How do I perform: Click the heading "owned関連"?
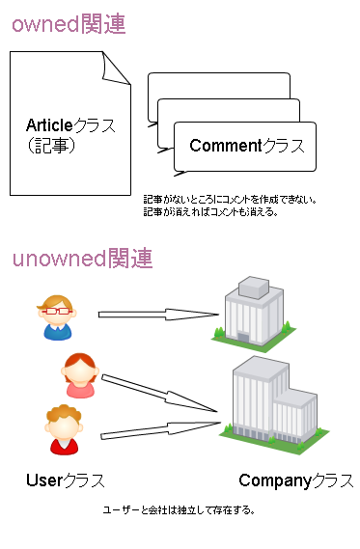tap(69, 24)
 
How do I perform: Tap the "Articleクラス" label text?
tap(70, 126)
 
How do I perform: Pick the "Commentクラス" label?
tap(247, 147)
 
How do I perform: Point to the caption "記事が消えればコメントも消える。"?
tap(210, 212)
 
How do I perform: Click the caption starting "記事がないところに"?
tap(230, 200)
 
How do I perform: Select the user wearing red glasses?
tap(57, 317)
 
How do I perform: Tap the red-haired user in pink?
tap(78, 375)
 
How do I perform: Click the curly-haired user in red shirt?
tap(63, 429)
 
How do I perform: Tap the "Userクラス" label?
tap(66, 480)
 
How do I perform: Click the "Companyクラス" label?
tap(295, 480)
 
